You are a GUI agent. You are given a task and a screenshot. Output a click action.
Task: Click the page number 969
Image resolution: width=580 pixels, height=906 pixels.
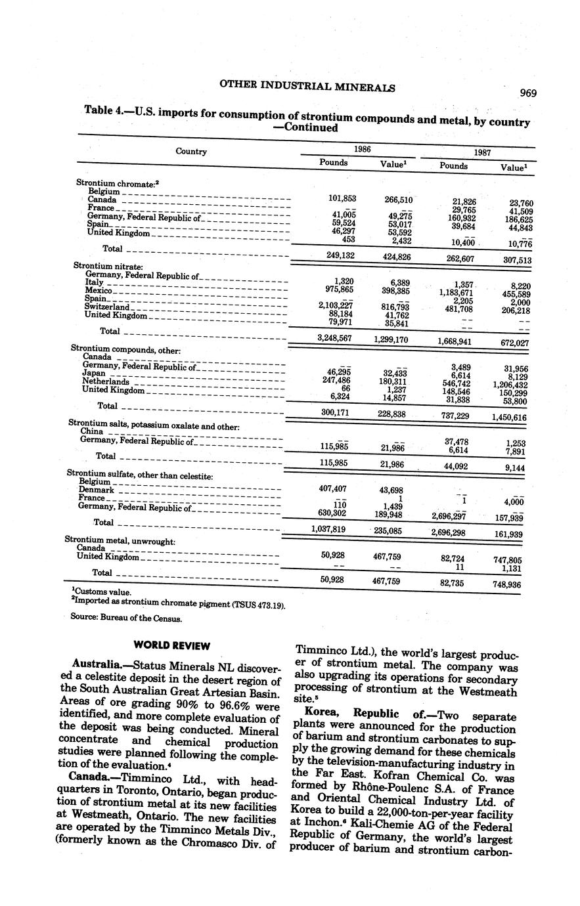coord(528,93)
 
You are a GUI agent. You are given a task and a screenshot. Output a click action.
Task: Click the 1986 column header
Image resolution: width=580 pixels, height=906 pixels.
coord(362,149)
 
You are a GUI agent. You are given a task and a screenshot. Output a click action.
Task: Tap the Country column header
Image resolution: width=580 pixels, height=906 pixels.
coord(191,152)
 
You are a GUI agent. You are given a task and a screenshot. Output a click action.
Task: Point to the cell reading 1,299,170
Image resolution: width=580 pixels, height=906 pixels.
coord(391,339)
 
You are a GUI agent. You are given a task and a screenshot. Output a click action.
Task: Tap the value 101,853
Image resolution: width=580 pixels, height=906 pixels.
coord(342,198)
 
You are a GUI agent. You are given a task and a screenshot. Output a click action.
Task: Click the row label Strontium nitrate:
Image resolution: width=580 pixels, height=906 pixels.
coord(108,266)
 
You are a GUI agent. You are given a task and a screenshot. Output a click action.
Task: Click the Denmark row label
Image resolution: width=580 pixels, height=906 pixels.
coord(97,490)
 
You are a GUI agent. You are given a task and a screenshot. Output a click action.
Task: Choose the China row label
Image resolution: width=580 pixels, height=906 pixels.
coord(92,431)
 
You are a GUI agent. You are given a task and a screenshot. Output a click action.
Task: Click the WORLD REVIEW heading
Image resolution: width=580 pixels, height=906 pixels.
coord(171,645)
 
